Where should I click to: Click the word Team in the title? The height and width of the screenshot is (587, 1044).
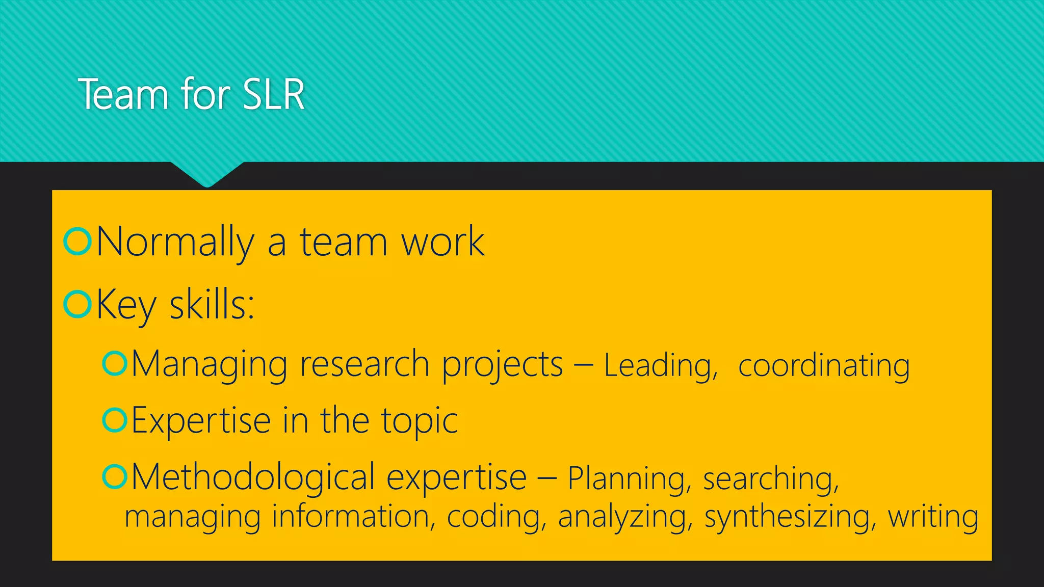click(x=123, y=95)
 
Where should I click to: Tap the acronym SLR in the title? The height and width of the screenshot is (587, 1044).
click(x=274, y=95)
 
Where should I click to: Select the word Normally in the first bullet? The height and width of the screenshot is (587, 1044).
click(x=175, y=242)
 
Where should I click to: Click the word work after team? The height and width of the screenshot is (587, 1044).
click(x=442, y=242)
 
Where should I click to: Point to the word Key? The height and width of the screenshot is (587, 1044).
click(x=126, y=305)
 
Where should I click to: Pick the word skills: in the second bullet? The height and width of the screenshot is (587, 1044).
click(x=212, y=305)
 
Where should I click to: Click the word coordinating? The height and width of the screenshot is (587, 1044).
click(x=824, y=366)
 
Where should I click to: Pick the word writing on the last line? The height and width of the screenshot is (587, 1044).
click(x=933, y=517)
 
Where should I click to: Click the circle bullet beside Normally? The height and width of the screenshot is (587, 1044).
click(x=77, y=241)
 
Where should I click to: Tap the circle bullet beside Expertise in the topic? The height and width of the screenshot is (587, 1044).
click(x=114, y=420)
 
